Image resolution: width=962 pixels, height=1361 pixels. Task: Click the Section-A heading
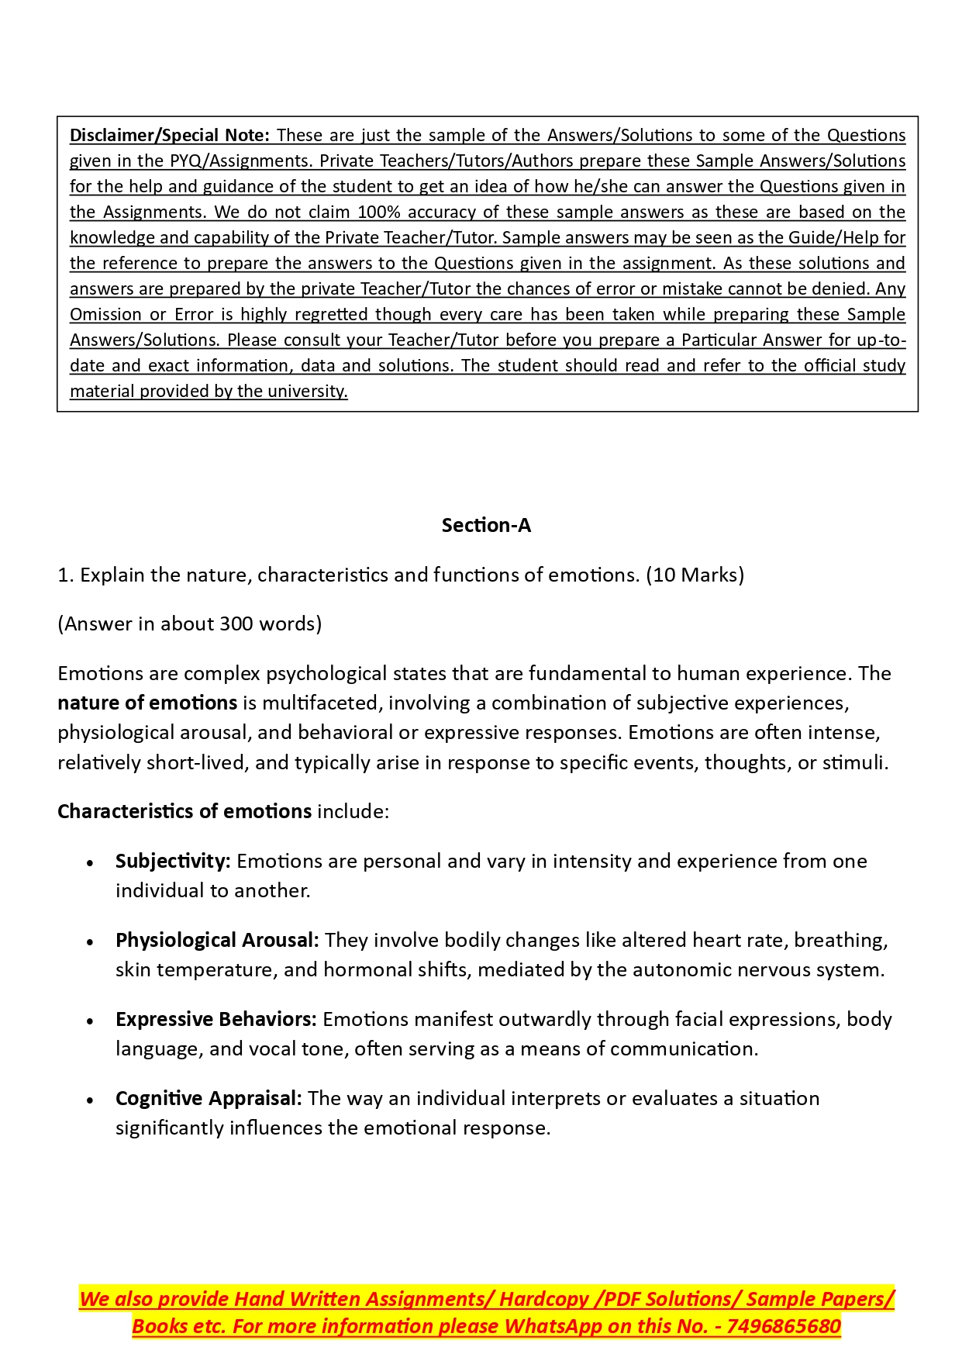(486, 526)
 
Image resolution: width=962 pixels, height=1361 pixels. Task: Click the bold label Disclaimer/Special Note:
(170, 136)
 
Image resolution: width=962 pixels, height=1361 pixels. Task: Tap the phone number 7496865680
(784, 1327)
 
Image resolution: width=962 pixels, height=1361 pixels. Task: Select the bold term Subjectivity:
(173, 862)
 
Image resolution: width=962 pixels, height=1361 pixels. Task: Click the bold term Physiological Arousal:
(217, 941)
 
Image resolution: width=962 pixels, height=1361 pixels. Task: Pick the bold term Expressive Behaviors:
(216, 1020)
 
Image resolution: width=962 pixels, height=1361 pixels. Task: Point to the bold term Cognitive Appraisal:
(209, 1099)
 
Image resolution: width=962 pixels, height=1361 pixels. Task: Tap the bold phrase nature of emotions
(147, 703)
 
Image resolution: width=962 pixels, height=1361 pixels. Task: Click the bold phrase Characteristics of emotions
(184, 812)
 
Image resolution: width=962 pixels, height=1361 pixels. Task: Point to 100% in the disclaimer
(379, 212)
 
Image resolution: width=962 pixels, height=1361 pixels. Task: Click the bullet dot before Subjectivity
(91, 863)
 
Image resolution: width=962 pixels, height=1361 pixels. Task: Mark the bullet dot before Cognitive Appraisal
(91, 1100)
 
